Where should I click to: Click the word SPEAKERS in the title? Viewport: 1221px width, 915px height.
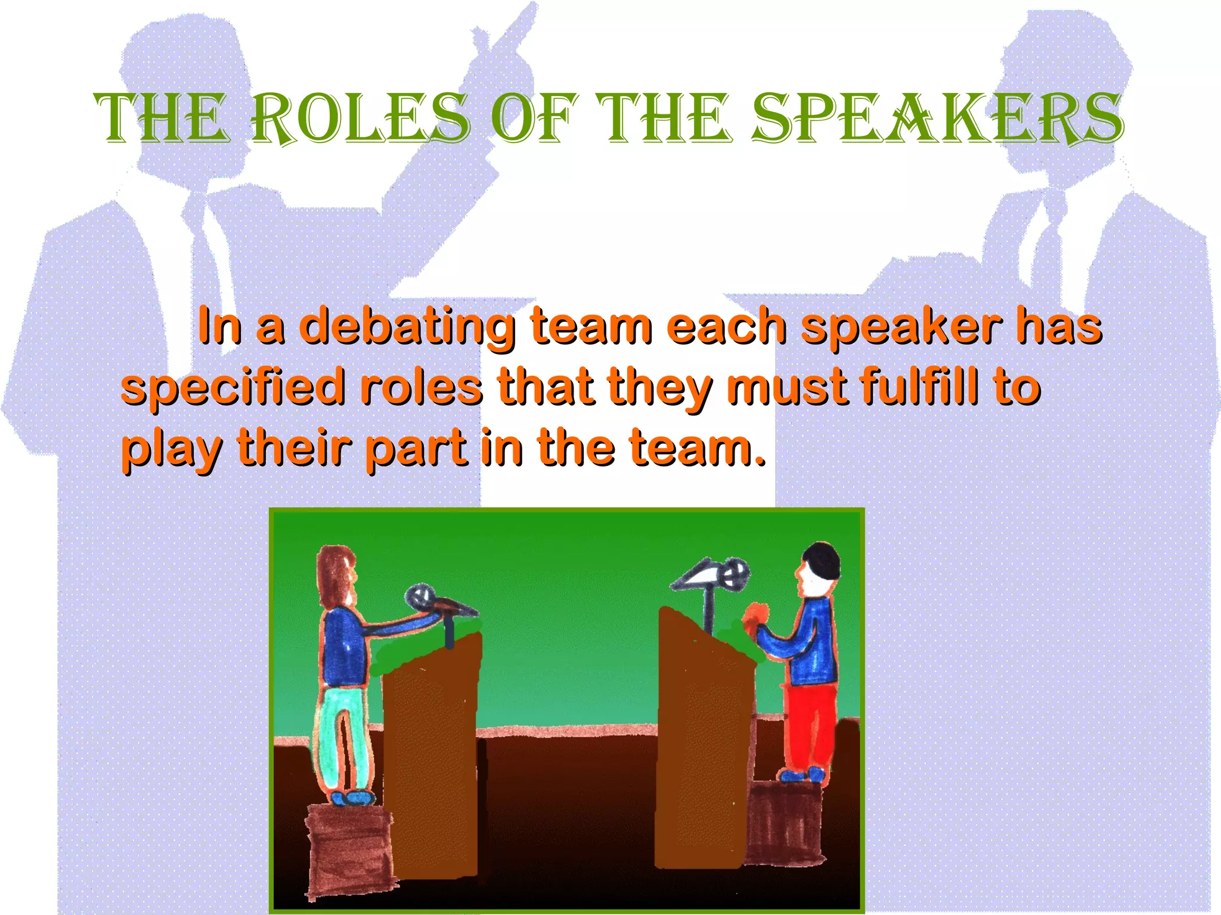click(x=937, y=119)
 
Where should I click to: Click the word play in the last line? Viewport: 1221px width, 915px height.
click(x=172, y=450)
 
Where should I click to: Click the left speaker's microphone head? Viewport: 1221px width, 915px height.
click(x=420, y=597)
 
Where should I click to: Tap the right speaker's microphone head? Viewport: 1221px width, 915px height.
click(x=734, y=574)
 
